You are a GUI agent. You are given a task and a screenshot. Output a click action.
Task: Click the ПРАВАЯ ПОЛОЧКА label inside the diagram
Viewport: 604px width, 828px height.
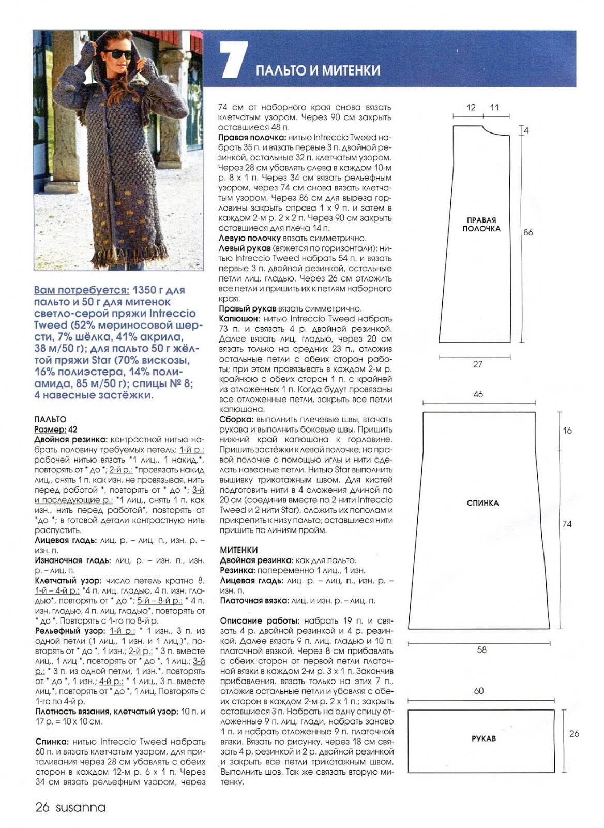coord(481,224)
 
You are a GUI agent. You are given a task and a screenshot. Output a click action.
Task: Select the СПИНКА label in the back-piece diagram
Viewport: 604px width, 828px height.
coord(482,503)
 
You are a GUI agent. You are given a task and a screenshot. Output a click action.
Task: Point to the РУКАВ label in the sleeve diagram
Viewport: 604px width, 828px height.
coord(484,738)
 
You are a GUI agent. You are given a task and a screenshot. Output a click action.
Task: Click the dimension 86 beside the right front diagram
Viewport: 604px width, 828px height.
coord(528,232)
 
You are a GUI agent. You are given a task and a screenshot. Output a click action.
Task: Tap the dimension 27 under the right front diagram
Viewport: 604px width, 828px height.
coord(478,364)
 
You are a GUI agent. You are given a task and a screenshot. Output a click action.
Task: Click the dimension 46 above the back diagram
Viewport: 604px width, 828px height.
coord(478,394)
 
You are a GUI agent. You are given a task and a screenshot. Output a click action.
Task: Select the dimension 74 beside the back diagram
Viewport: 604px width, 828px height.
coord(567,524)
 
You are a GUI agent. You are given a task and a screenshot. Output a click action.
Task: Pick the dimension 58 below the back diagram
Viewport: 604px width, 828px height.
coord(481,649)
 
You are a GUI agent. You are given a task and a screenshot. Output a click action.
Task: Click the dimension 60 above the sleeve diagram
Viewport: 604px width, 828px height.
coord(478,691)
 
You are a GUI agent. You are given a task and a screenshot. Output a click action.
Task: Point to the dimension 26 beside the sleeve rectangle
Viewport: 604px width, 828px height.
coord(574,733)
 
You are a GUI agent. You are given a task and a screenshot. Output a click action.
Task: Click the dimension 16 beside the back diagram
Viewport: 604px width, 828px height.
coord(567,430)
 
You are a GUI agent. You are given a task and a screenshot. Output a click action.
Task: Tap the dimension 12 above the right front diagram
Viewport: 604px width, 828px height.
coord(471,107)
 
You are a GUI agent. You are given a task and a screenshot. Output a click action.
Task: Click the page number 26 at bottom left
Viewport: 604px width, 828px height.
coord(42,807)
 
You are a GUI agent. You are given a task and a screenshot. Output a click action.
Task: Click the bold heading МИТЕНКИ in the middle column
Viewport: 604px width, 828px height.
coord(238,550)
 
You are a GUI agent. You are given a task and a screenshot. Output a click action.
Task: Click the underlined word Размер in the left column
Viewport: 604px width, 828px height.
coord(50,429)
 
